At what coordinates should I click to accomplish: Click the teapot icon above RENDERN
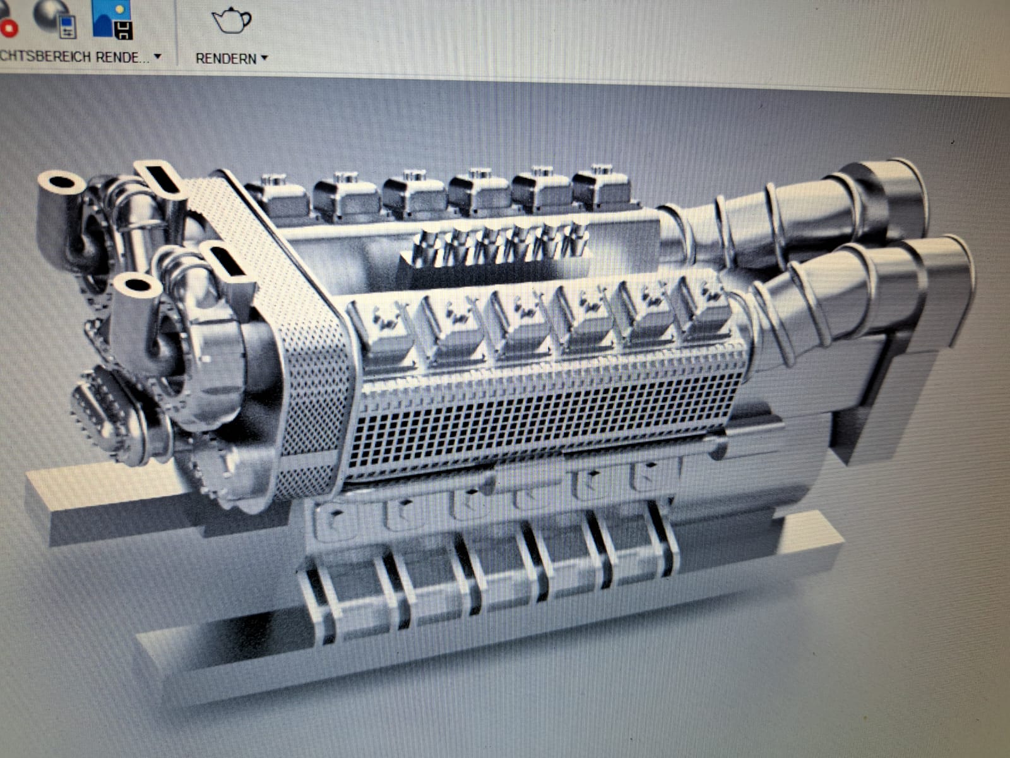[231, 21]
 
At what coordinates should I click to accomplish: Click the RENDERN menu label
[225, 58]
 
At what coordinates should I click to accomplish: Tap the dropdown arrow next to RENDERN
[264, 57]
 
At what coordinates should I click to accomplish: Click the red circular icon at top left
[9, 27]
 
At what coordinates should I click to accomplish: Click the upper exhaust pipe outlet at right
[896, 189]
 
